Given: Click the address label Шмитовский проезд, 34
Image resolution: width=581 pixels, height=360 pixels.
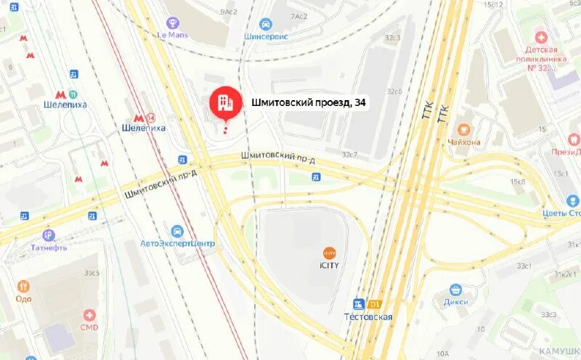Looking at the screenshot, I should tap(308, 104).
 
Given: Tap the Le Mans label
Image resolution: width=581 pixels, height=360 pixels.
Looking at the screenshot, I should tap(173, 34).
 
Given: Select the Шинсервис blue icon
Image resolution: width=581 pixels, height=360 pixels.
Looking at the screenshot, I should tap(266, 24).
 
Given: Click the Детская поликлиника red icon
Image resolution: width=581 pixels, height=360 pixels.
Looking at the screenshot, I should tap(540, 37).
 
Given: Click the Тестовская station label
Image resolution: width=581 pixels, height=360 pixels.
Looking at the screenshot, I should tap(368, 317).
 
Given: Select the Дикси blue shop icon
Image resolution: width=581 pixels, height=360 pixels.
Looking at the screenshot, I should tap(455, 290).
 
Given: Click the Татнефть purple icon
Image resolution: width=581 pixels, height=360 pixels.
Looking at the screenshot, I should tap(49, 235).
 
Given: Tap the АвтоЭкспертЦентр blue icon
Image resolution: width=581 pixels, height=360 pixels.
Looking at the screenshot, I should tap(178, 231).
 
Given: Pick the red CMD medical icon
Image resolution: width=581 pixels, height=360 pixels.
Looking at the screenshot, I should tap(89, 315).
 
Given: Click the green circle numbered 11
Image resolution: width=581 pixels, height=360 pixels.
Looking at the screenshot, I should tap(73, 93).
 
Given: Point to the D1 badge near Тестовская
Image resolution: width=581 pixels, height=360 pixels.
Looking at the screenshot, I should tap(375, 304).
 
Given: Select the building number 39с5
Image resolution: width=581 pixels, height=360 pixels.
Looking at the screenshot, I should tap(91, 272).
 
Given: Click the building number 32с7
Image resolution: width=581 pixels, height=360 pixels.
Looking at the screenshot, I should tap(350, 155).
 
